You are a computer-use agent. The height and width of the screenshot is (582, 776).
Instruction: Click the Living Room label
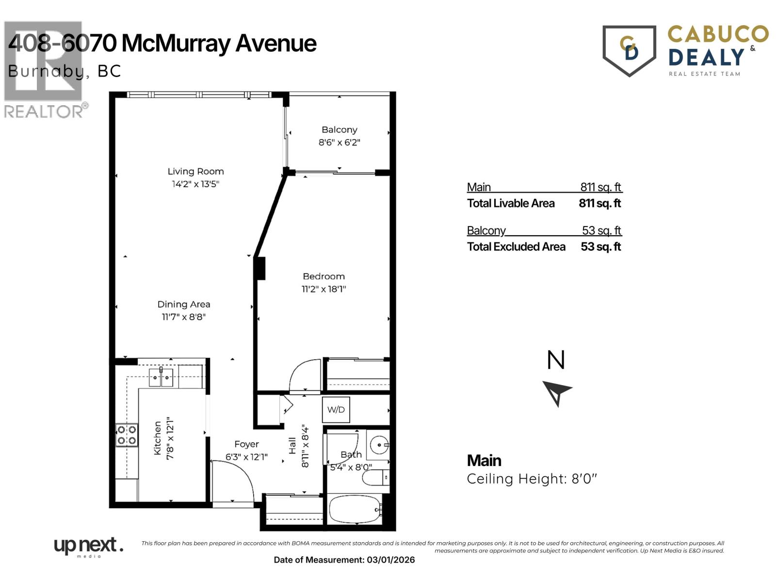[x=195, y=171]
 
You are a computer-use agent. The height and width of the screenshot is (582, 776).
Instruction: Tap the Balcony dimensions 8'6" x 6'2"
[x=339, y=143]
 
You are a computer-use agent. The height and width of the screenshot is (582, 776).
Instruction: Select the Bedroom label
[x=323, y=276]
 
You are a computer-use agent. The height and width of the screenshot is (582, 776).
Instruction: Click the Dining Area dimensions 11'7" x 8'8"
[x=183, y=317]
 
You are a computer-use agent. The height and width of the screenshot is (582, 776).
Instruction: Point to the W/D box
[x=336, y=410]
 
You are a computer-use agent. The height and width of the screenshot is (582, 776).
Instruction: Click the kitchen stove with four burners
[x=127, y=435]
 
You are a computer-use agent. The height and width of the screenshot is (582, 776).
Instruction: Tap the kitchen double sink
[x=161, y=377]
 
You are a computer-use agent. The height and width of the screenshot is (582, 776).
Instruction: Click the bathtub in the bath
[x=355, y=509]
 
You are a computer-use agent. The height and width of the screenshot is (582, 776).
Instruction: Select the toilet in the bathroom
[x=376, y=478]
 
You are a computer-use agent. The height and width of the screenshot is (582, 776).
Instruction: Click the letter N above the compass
[x=556, y=360]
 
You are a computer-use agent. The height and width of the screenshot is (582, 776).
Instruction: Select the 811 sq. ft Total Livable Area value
[x=599, y=203]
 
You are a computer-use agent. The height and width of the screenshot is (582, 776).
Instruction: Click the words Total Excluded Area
[x=516, y=247]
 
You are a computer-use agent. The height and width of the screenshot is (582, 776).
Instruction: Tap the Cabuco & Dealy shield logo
[x=629, y=50]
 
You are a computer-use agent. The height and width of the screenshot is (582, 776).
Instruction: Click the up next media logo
[x=88, y=547]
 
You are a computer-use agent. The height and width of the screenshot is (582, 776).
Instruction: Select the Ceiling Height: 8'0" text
[x=532, y=479]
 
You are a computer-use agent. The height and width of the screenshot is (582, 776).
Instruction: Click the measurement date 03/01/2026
[x=391, y=560]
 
